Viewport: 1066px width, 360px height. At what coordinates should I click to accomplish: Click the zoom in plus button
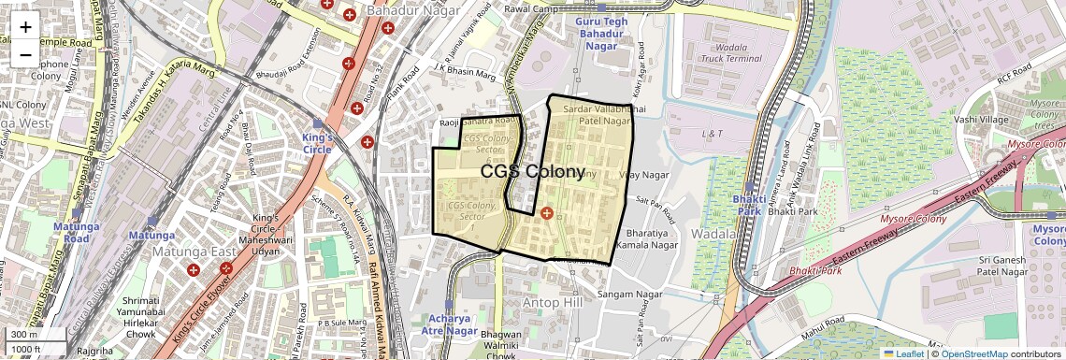coord(25,26)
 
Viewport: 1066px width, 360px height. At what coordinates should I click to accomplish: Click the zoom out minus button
coord(25,54)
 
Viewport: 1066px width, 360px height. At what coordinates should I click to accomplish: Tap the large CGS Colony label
coord(532,172)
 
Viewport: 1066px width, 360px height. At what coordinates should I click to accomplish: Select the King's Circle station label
coord(317,142)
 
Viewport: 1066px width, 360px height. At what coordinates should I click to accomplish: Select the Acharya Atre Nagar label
coord(448,324)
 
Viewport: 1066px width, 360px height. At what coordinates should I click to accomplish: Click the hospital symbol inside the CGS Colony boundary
coord(547,214)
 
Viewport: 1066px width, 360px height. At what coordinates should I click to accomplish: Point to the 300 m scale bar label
coord(24,335)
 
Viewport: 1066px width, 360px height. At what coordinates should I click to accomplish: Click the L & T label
coord(713,134)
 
